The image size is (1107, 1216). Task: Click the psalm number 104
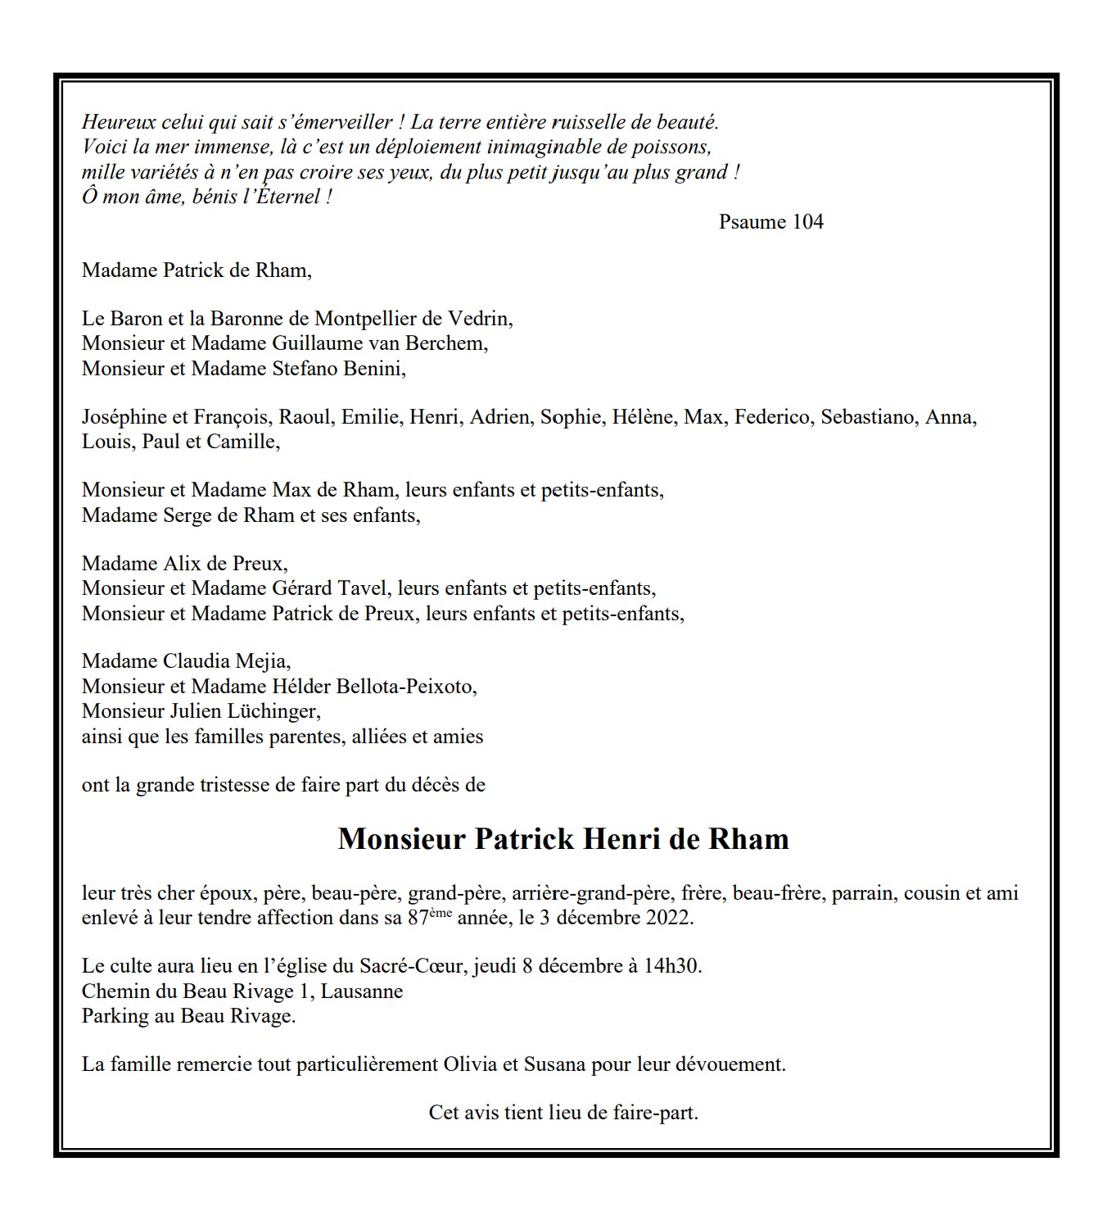807,222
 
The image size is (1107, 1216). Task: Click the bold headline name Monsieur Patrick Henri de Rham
563,839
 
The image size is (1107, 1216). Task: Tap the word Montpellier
364,319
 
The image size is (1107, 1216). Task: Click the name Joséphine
123,417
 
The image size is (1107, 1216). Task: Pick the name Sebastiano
868,417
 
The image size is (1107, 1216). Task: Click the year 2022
669,918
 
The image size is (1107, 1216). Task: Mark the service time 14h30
672,966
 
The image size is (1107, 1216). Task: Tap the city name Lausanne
362,991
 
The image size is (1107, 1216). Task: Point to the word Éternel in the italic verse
290,197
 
